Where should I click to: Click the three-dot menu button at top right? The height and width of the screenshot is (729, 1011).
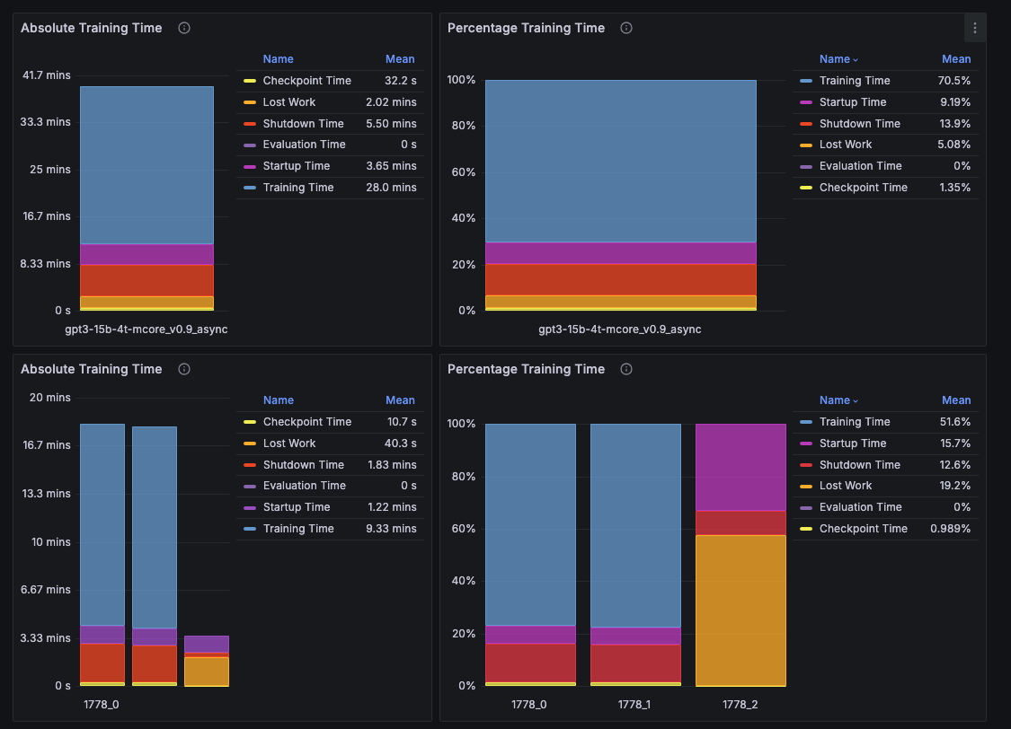pos(975,28)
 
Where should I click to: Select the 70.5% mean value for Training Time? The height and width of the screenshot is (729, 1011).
pos(955,81)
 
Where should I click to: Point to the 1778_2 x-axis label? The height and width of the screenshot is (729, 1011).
pos(740,705)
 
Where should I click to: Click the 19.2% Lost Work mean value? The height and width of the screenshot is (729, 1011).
pos(955,486)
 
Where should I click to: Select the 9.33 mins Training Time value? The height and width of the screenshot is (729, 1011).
pos(391,529)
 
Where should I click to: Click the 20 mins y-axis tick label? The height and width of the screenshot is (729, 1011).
pos(52,398)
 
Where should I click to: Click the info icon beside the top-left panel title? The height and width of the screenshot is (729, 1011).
pos(184,28)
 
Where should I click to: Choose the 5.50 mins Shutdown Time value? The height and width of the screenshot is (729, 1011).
pos(391,124)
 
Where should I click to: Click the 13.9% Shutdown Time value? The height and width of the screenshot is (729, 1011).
pos(955,124)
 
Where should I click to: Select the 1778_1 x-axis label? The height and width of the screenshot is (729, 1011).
pos(634,705)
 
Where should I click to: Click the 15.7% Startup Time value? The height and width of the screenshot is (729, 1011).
pos(955,444)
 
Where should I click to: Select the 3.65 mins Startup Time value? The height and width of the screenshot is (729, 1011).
pos(391,166)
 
